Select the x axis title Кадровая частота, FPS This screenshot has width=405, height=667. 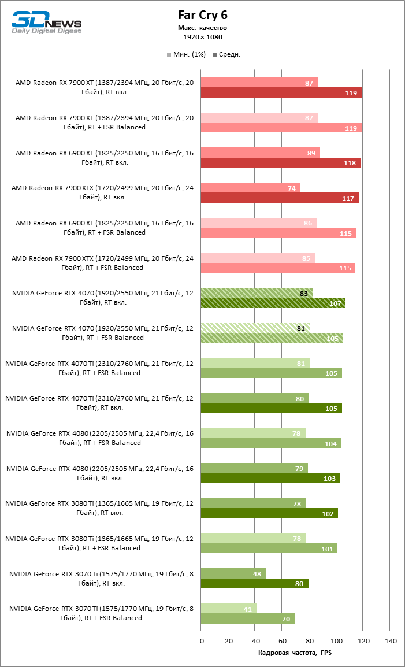pos(295,653)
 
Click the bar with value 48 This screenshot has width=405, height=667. pos(233,573)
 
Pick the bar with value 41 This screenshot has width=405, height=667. pos(228,609)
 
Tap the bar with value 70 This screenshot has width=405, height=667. pos(247,618)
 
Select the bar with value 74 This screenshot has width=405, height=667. pos(250,188)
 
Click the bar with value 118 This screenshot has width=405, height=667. pos(280,162)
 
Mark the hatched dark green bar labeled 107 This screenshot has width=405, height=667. pos(273,303)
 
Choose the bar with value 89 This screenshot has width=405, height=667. pos(260,153)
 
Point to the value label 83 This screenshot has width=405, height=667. pos(304,293)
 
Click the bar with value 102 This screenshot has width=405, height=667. pos(269,513)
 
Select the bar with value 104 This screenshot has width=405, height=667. pos(270,443)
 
